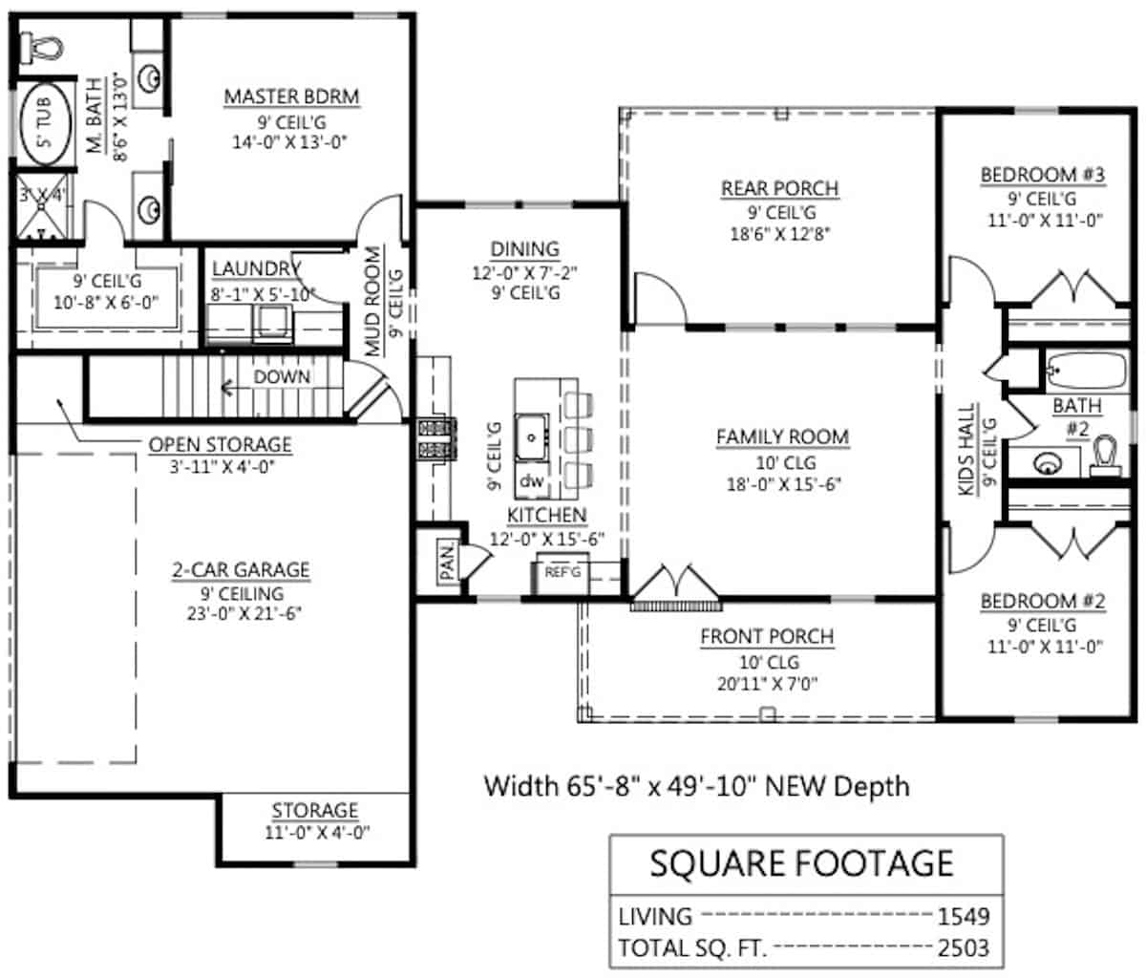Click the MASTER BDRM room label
291,96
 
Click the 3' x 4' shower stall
41,208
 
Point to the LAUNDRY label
256,269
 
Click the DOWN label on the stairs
282,377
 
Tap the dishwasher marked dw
531,481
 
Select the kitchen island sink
530,438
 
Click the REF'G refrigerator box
562,573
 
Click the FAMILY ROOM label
782,436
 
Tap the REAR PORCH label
779,188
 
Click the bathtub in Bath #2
1086,369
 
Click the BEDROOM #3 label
1042,175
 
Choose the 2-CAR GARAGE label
241,569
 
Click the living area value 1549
963,916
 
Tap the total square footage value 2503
963,948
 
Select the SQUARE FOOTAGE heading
801,863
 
